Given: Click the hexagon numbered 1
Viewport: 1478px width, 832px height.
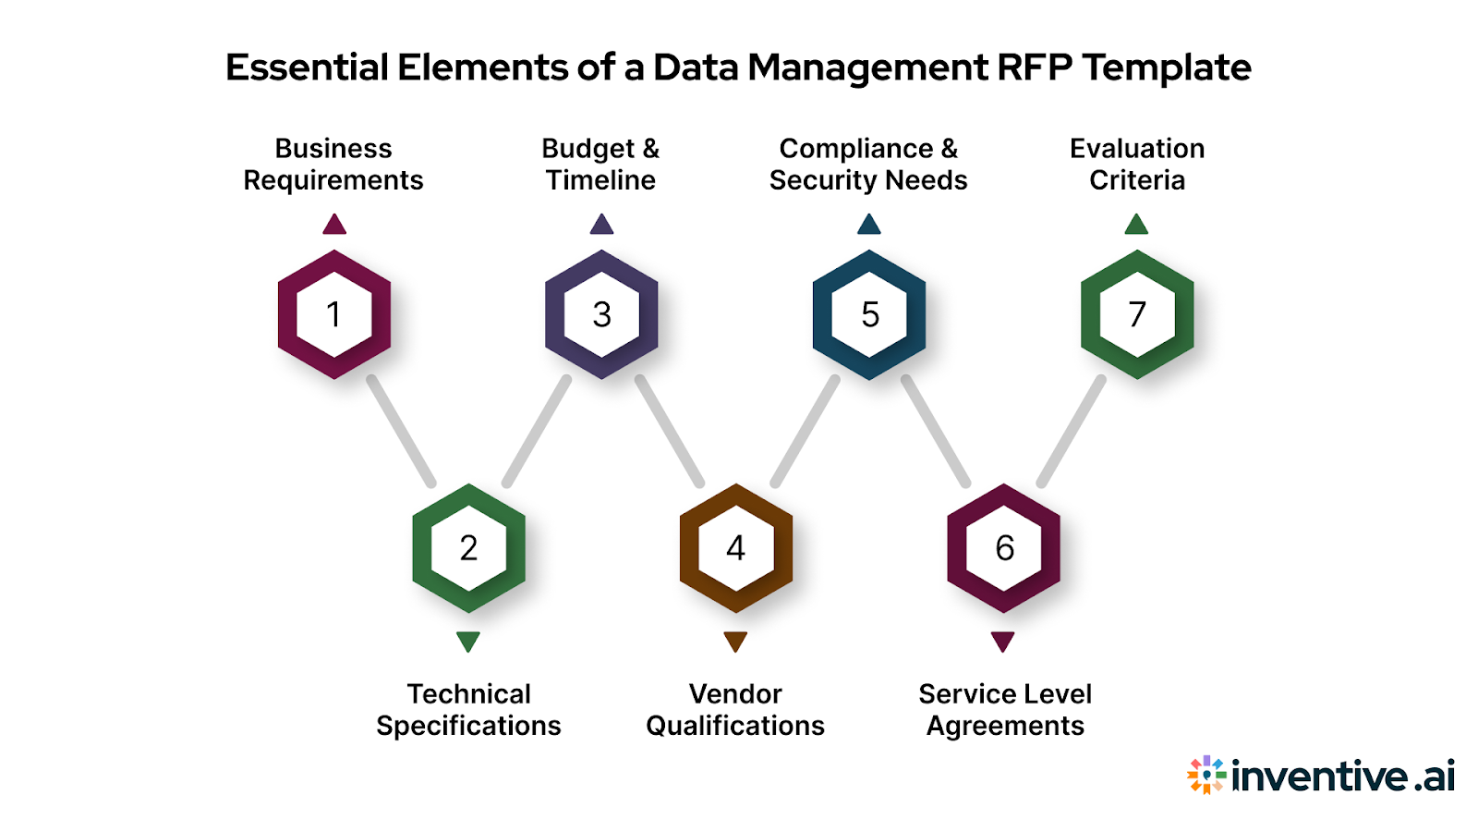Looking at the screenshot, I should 334,314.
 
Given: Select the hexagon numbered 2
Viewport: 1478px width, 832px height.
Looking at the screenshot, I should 468,548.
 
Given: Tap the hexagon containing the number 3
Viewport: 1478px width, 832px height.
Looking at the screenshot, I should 601,314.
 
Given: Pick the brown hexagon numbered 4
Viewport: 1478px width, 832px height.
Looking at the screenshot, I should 735,548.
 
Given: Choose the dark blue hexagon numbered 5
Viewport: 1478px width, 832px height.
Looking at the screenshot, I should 869,314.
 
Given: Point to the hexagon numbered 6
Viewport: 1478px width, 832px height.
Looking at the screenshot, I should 1003,548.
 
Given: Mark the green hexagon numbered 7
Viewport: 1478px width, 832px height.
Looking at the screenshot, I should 1137,314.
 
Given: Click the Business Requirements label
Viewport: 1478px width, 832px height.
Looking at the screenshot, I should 333,165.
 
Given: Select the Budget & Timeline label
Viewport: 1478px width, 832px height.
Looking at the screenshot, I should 600,165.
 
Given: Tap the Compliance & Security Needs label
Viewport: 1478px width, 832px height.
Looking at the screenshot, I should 868,165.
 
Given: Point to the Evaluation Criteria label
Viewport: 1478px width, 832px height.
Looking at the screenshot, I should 1137,165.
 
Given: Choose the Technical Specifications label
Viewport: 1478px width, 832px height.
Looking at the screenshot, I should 468,710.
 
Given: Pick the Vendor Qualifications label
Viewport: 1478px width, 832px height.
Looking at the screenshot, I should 735,710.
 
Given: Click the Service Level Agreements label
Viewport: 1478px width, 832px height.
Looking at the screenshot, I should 1005,710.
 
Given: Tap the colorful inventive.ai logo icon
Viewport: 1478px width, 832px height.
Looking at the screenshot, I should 1206,775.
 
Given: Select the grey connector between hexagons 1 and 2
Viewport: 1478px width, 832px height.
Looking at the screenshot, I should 401,431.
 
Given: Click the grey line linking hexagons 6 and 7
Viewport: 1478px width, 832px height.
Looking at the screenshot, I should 1071,431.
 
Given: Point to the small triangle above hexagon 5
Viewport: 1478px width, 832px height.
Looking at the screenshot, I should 869,225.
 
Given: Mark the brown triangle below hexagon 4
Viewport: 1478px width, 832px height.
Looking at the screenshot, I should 735,641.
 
